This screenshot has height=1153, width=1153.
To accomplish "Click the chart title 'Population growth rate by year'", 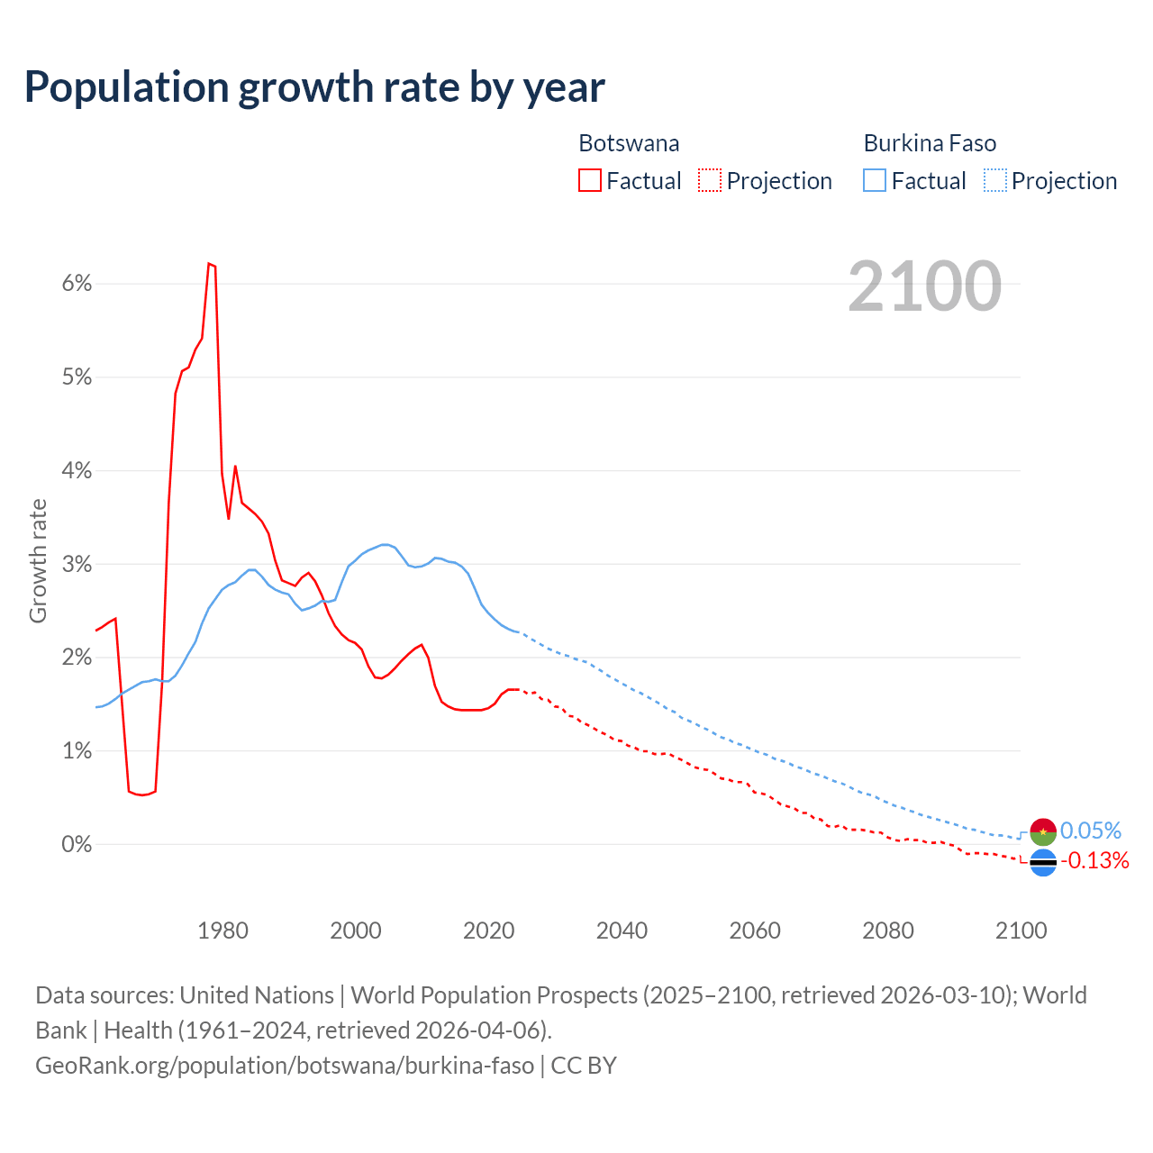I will [x=314, y=87].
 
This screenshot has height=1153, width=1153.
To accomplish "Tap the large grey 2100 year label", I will [x=924, y=286].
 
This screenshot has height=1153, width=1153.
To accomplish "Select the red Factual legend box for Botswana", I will [x=590, y=180].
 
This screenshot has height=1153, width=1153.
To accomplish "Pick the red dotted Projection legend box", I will [x=710, y=180].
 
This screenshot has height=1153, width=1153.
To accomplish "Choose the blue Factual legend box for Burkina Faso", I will [x=875, y=180].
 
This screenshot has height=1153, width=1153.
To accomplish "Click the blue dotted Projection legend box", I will [x=995, y=180].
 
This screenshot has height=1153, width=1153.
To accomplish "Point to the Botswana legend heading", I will [x=629, y=143].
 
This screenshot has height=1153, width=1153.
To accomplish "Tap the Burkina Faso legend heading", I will [x=930, y=143].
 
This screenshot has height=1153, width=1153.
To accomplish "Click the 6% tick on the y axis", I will [x=77, y=284].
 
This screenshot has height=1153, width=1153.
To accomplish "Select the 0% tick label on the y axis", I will [x=77, y=845].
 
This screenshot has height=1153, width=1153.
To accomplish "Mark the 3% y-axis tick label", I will [x=77, y=565].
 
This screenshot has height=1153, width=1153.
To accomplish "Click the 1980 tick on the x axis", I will [x=222, y=931].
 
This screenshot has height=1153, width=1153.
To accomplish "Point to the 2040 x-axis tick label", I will [x=622, y=931].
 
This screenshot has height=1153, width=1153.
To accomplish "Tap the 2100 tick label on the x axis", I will [x=1021, y=931].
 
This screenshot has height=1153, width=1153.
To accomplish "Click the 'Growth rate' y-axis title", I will [x=38, y=560].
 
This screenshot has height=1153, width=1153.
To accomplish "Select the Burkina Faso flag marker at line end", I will [x=1043, y=831].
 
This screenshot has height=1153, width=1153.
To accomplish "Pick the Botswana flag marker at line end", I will [x=1043, y=862].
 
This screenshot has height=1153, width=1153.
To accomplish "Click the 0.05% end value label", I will [x=1091, y=831].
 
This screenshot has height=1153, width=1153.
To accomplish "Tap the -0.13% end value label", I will [x=1094, y=861].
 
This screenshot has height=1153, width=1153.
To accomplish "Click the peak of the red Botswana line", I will [x=209, y=263].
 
